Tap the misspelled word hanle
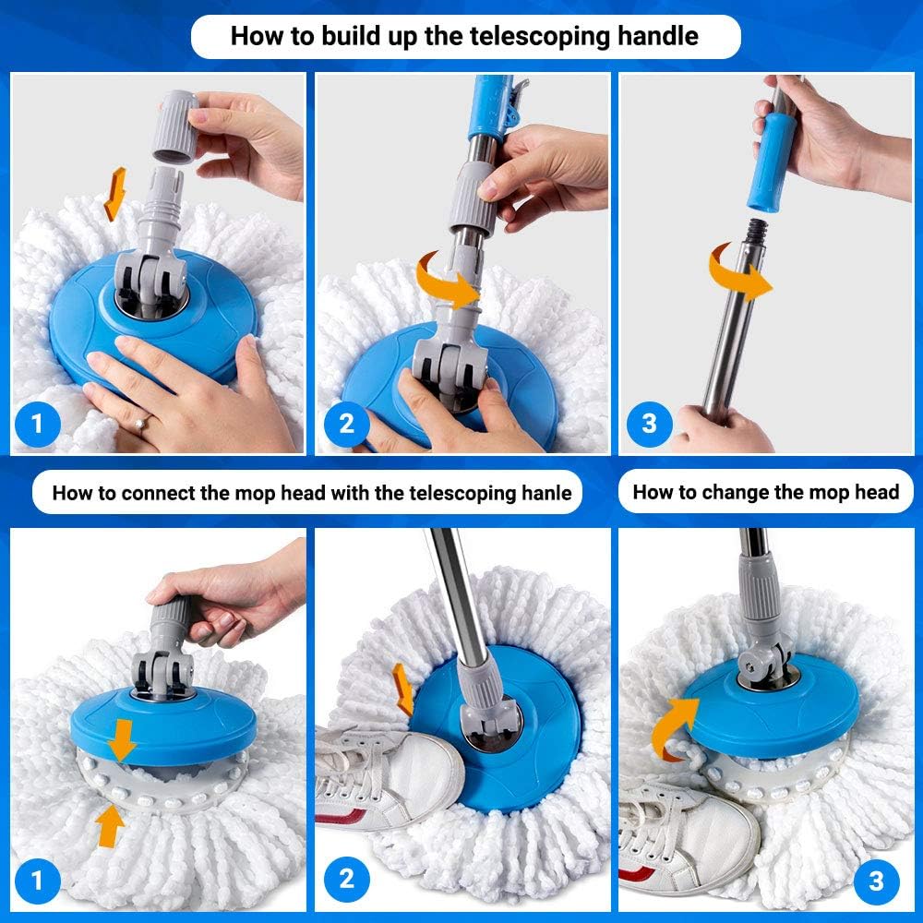click(x=545, y=493)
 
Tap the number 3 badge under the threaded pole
click(x=649, y=424)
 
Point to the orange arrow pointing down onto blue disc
click(x=121, y=736)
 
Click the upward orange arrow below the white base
click(x=111, y=824)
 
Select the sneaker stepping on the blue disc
click(x=388, y=771)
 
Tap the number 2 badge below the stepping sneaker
click(x=346, y=878)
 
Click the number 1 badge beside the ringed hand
click(x=37, y=424)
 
